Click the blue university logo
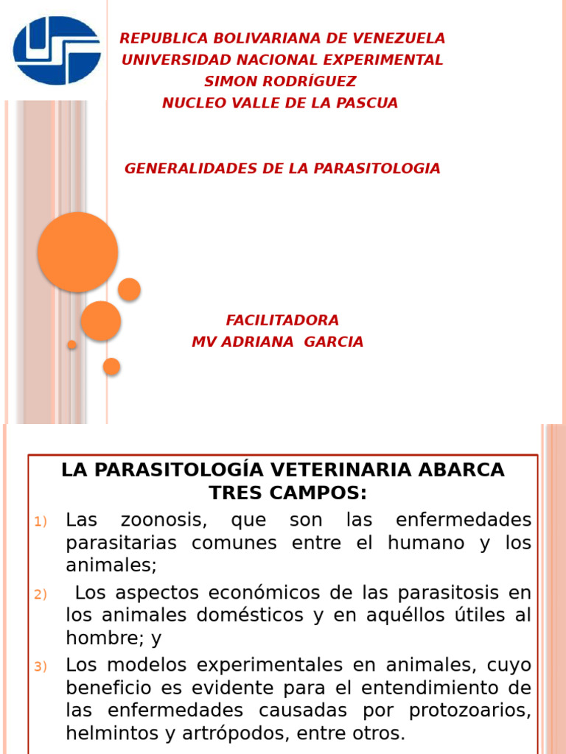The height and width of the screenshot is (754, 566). pos(57,49)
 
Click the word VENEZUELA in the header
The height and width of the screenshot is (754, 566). pos(404,38)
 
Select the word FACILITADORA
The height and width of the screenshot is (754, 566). pos(282,320)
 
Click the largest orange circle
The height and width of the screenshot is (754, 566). pos(77,252)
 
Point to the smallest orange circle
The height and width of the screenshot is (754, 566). pos(71,345)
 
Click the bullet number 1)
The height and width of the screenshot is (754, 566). pos(41,522)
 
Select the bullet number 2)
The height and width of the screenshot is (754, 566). pos(41,594)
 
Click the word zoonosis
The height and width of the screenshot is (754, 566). pos(164,521)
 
